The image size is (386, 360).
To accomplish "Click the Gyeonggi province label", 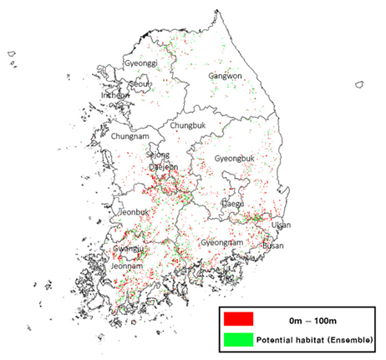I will click(140, 63).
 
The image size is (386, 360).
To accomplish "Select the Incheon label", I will click(115, 95).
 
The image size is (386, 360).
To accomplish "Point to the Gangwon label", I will click(224, 76).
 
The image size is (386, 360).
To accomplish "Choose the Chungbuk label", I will click(187, 125).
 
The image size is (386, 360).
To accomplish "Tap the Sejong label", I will click(158, 155).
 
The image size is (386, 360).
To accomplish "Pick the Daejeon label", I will click(164, 167).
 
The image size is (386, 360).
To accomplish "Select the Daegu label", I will click(233, 203).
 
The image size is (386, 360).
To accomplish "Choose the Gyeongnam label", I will click(221, 242).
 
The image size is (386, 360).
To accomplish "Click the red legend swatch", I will click(238, 318).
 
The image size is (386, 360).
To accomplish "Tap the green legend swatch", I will click(238, 340).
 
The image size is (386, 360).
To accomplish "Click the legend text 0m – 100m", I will click(312, 318).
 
